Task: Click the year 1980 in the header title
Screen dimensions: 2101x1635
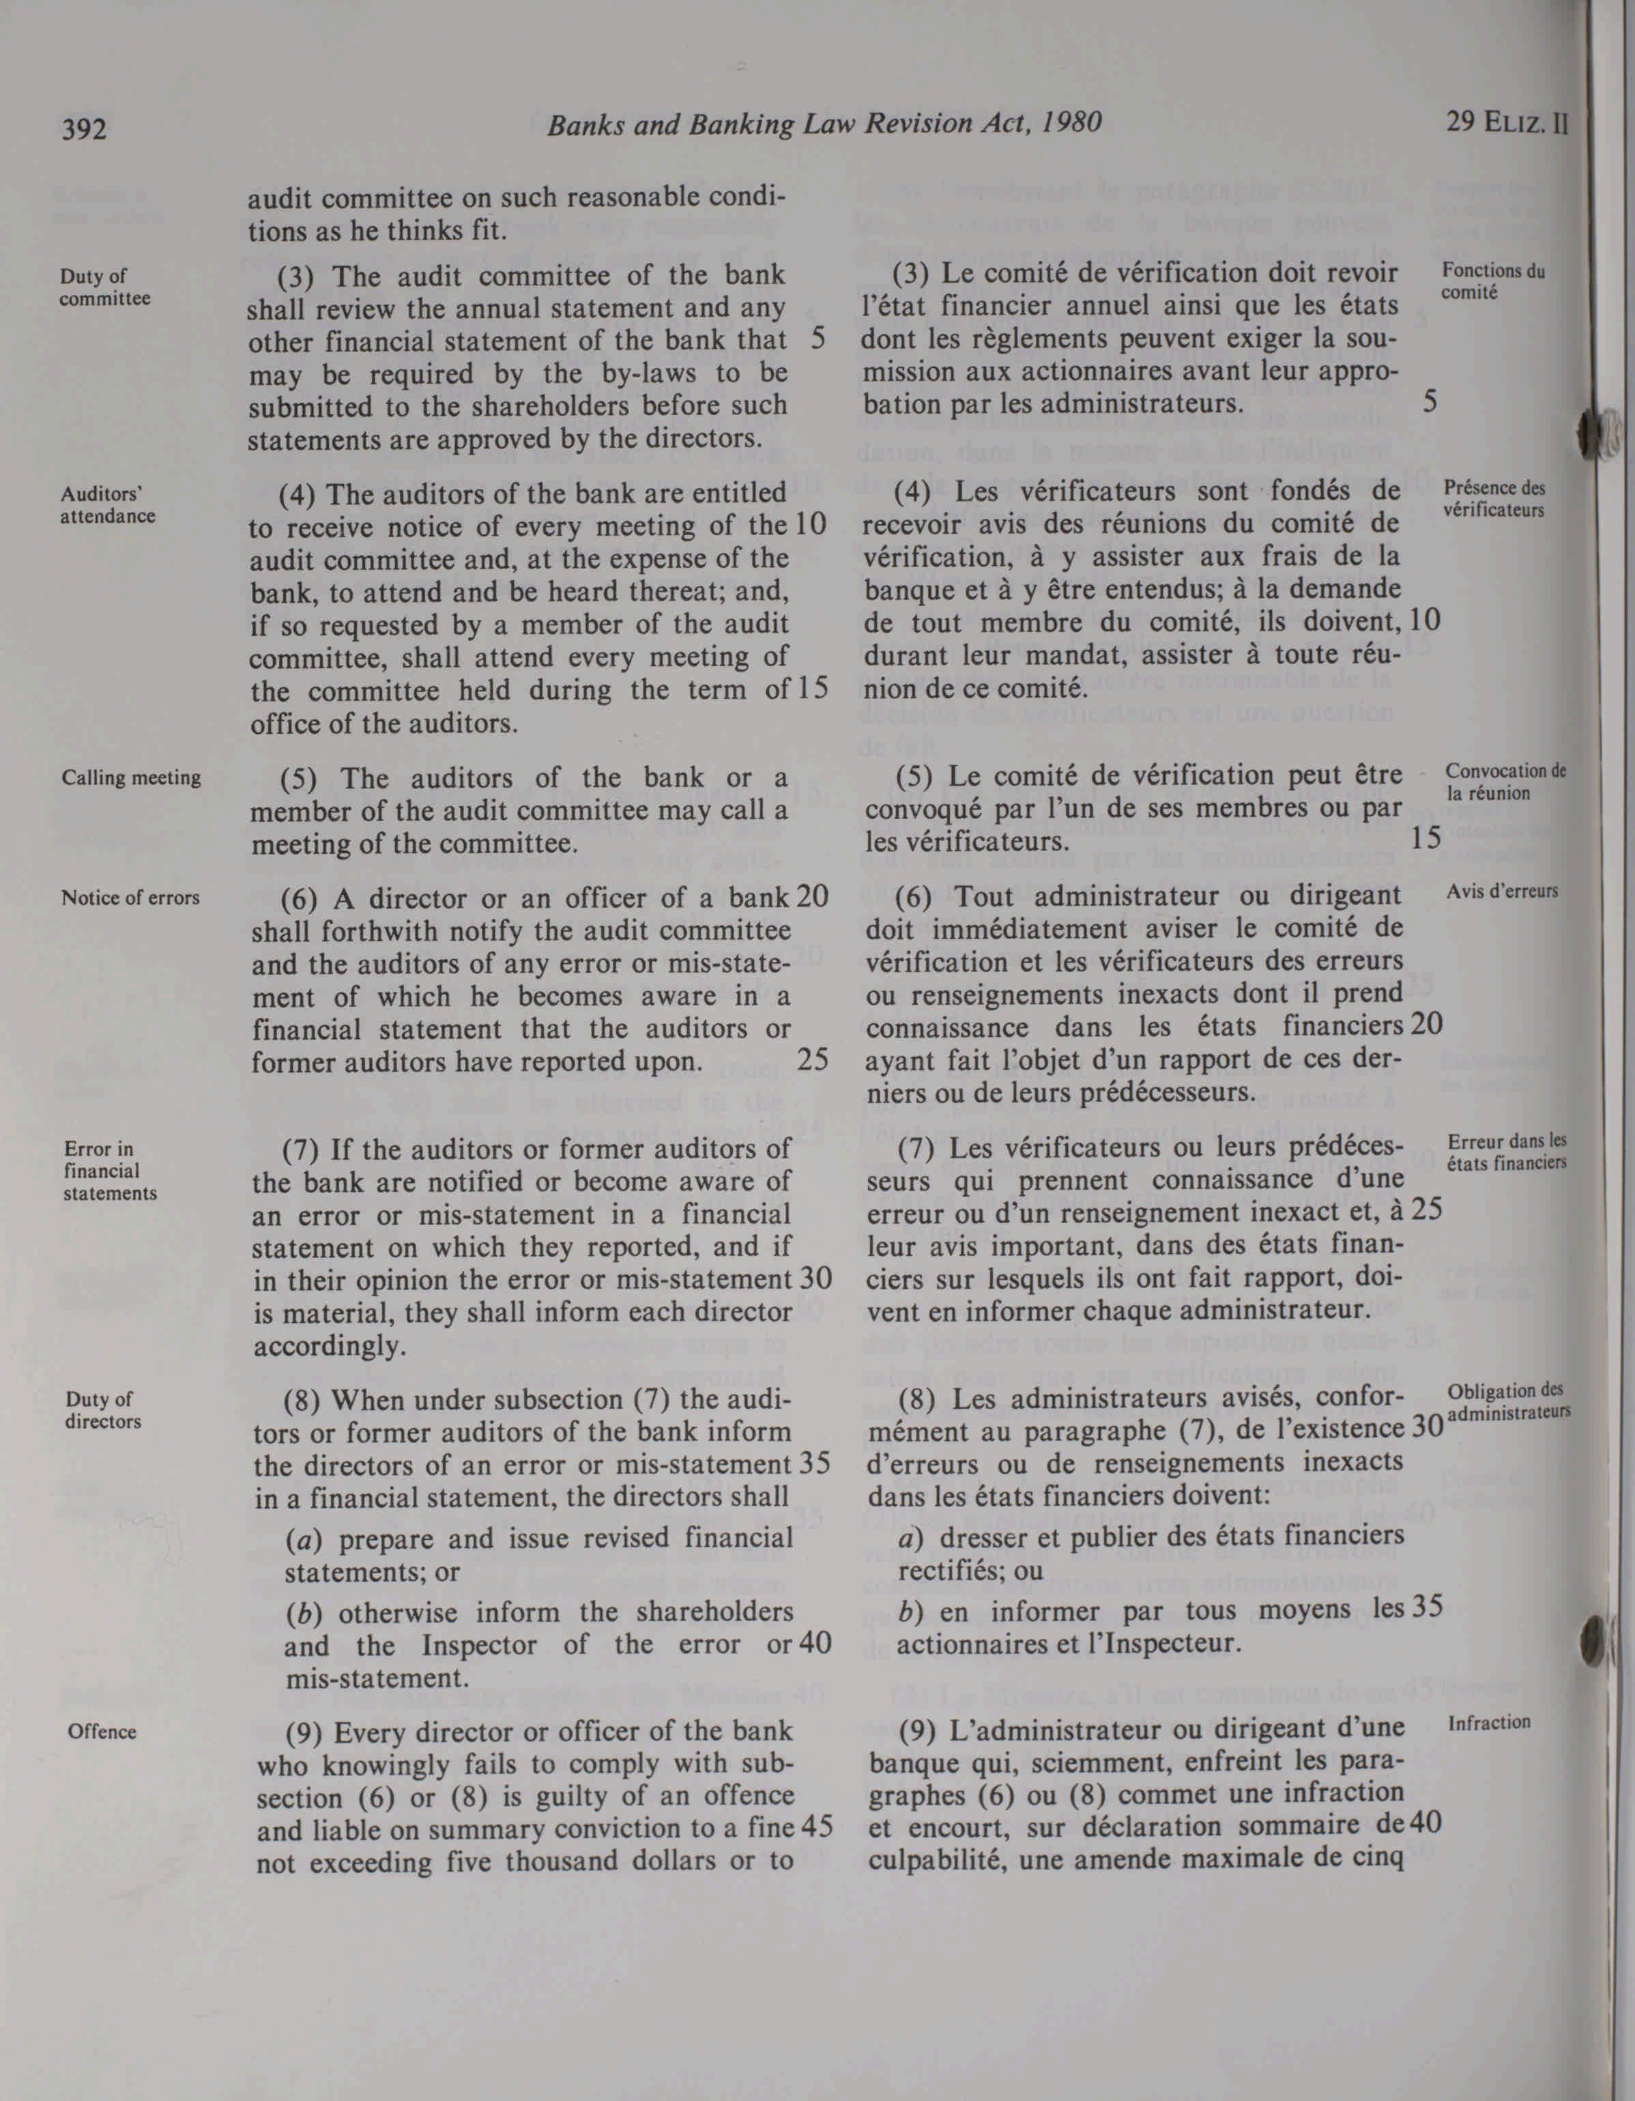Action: tap(1071, 123)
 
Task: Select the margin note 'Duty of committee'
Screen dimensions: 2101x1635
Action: tap(104, 287)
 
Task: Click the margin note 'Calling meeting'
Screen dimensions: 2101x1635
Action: tap(131, 777)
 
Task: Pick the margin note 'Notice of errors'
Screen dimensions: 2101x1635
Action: tap(130, 898)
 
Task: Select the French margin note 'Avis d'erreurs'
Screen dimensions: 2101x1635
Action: tap(1501, 891)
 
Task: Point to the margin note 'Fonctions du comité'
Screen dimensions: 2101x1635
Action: tap(1492, 281)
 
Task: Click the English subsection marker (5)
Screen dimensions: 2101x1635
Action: tap(300, 778)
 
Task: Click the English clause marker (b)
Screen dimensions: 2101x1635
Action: tap(304, 1612)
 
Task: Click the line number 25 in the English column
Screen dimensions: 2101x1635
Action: tap(813, 1059)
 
